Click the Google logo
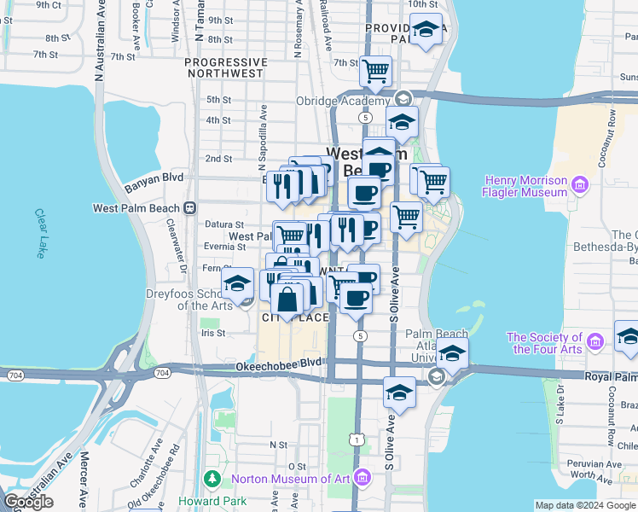pos(29,502)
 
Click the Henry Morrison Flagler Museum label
pos(525,186)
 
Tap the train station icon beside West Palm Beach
pos(191,207)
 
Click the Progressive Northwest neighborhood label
pos(223,67)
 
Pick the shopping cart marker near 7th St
pos(375,71)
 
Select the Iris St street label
pos(212,334)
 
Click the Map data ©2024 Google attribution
pos(584,505)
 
